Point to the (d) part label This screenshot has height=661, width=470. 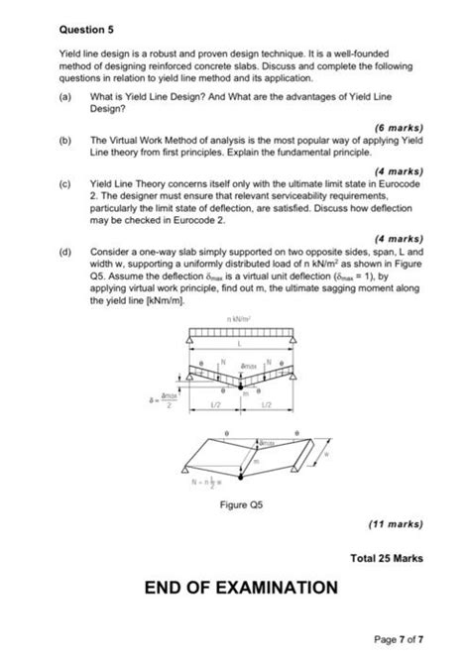65,253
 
